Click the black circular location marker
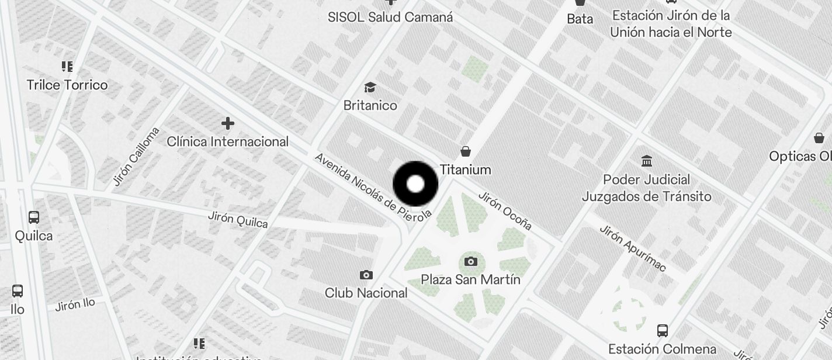(415, 184)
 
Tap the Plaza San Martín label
(471, 279)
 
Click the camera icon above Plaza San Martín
(471, 261)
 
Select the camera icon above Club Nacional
(366, 275)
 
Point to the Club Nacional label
(366, 293)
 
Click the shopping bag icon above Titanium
(466, 152)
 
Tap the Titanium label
(465, 169)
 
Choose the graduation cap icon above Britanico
(370, 88)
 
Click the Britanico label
(370, 106)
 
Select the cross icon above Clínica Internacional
(228, 123)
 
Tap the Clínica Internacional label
(228, 141)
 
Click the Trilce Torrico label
(67, 85)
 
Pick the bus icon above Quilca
(34, 217)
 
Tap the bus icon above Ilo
(18, 291)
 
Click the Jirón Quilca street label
(238, 220)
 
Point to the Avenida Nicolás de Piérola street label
(373, 186)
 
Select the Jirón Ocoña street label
(505, 210)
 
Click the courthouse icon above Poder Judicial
(647, 161)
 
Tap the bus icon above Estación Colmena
(662, 331)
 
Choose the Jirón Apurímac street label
(632, 248)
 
